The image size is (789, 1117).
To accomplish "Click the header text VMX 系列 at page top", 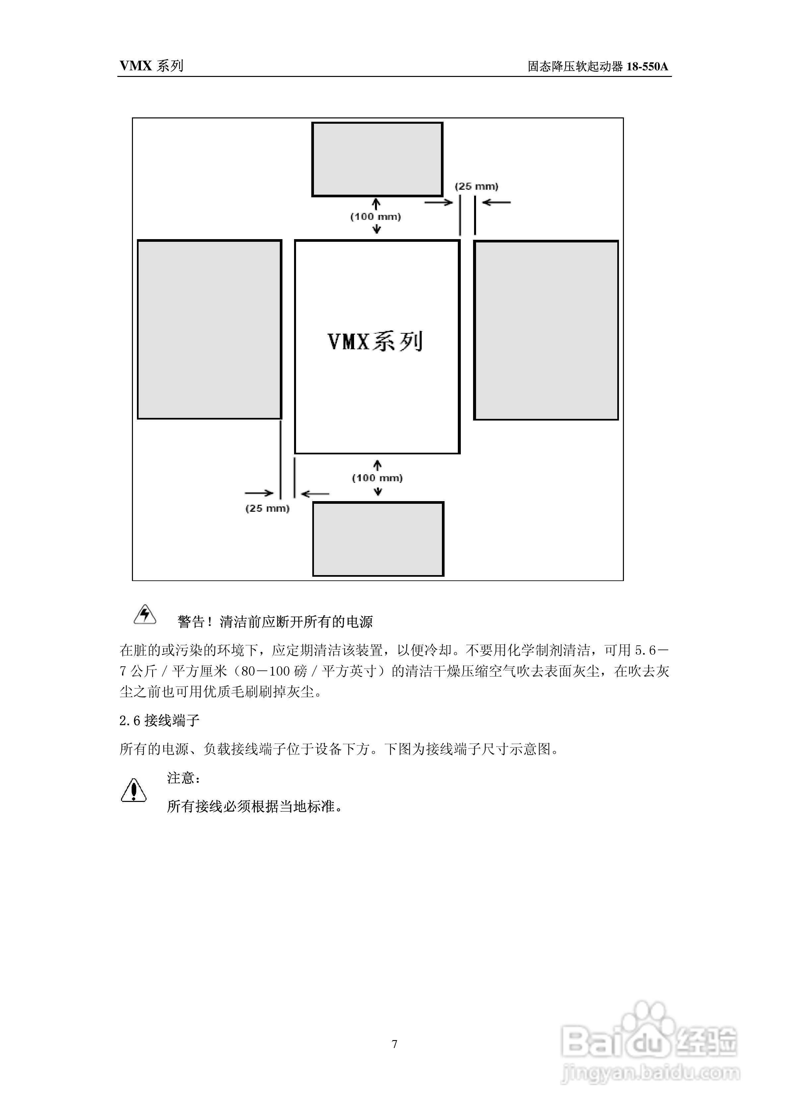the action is click(x=151, y=66).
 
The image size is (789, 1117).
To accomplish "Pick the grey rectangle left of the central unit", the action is click(x=209, y=329).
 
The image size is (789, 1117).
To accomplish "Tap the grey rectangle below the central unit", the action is click(x=378, y=539).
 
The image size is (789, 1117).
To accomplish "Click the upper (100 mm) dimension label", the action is click(x=376, y=217).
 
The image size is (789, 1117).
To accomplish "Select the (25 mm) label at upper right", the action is click(x=476, y=186).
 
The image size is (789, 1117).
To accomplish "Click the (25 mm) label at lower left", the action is click(x=268, y=508).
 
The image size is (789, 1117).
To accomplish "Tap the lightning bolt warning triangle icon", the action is click(x=145, y=615).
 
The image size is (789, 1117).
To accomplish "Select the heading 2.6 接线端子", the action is click(x=159, y=720).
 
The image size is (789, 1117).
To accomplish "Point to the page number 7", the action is click(x=394, y=1043).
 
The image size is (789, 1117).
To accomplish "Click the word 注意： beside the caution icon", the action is click(x=183, y=778).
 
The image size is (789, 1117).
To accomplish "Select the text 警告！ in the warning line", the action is click(x=195, y=622).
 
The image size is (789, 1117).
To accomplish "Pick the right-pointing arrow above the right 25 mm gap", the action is click(x=439, y=202).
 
